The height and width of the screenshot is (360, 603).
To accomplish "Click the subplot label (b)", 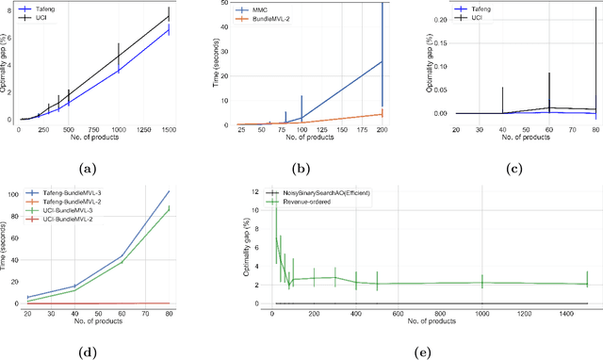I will coord(298,168).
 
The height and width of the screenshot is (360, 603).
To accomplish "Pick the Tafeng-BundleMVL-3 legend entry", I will coord(81,197).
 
